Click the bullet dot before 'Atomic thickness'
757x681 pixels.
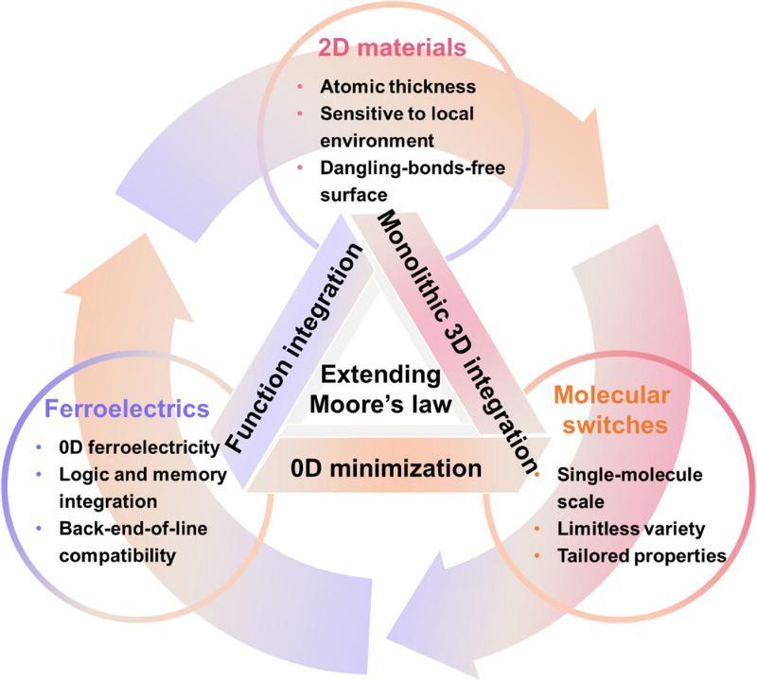(301, 88)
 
